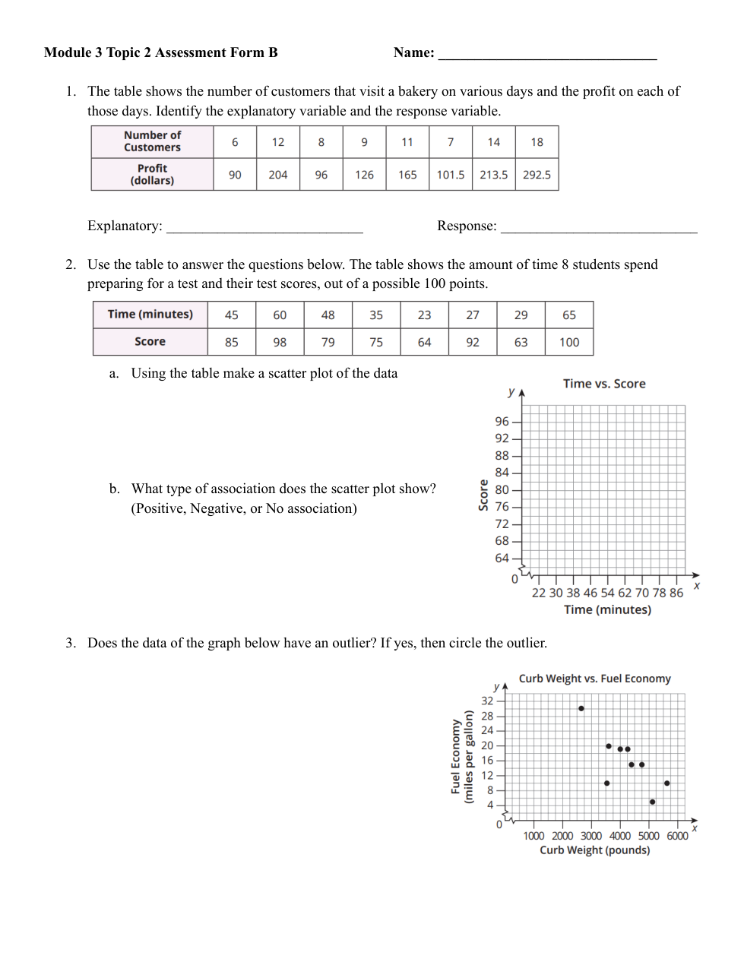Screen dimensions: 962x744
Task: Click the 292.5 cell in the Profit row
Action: (x=537, y=175)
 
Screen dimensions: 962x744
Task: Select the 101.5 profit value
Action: (x=450, y=175)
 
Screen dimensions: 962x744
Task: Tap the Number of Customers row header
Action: (x=152, y=141)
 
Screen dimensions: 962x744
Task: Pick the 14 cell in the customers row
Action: (x=493, y=142)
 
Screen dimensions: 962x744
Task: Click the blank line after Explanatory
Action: (x=264, y=227)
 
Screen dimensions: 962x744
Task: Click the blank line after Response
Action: (x=599, y=227)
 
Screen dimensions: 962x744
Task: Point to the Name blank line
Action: (x=547, y=53)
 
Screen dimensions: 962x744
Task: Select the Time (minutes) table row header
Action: (x=150, y=315)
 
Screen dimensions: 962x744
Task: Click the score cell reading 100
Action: (x=569, y=343)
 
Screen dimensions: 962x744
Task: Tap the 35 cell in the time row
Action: (x=376, y=315)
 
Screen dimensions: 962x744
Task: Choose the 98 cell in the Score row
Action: (x=280, y=343)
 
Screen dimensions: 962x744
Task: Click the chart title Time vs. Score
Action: (x=604, y=384)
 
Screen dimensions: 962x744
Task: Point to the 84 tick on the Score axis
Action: (x=502, y=473)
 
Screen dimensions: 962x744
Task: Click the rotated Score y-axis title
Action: (x=483, y=495)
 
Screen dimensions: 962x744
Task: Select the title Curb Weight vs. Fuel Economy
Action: (x=594, y=679)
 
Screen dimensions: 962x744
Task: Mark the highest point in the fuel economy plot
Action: (x=581, y=709)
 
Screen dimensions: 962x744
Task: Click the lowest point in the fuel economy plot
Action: (x=653, y=802)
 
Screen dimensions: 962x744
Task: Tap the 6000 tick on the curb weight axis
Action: (x=677, y=836)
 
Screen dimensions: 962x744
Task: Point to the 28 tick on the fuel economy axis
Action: (x=487, y=716)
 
